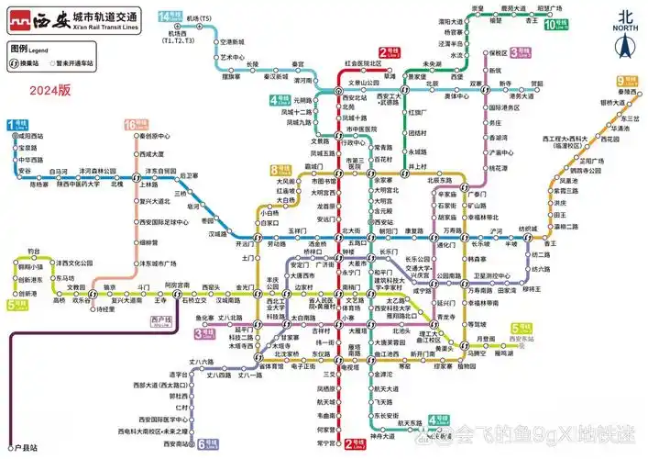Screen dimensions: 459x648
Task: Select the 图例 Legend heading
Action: [x=26, y=48]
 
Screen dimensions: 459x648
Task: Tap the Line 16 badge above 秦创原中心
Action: [x=137, y=124]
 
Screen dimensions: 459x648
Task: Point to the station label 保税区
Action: [x=499, y=53]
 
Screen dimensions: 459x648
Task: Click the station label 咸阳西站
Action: [x=29, y=136]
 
